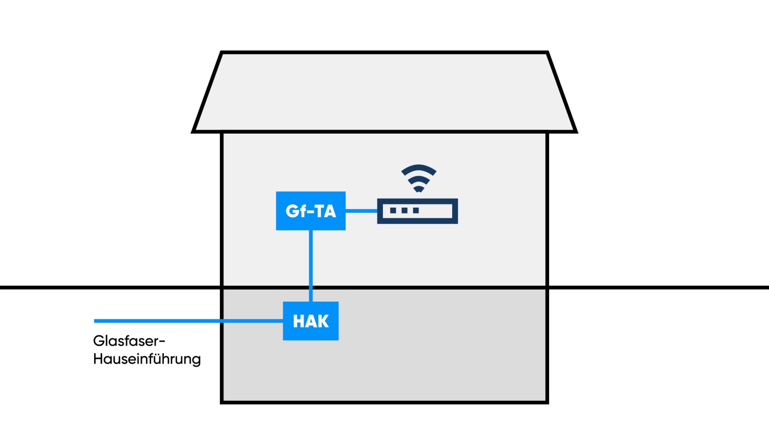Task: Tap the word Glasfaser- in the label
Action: pyautogui.click(x=129, y=341)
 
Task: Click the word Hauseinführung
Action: pyautogui.click(x=147, y=359)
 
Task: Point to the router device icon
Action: pyautogui.click(x=417, y=211)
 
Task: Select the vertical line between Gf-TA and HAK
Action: pyautogui.click(x=311, y=265)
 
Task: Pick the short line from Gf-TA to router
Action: pyautogui.click(x=361, y=211)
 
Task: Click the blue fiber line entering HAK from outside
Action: pyautogui.click(x=188, y=321)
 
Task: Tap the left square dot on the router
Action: pyautogui.click(x=393, y=211)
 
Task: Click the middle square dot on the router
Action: pyautogui.click(x=405, y=211)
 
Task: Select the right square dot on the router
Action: pyautogui.click(x=416, y=211)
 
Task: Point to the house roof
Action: pyautogui.click(x=384, y=92)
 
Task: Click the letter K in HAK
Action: pyautogui.click(x=322, y=321)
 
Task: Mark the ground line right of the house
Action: pyautogui.click(x=657, y=287)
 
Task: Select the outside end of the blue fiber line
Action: pyautogui.click(x=96, y=321)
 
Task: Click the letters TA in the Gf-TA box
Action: pyautogui.click(x=326, y=211)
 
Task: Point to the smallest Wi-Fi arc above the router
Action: pyautogui.click(x=418, y=189)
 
